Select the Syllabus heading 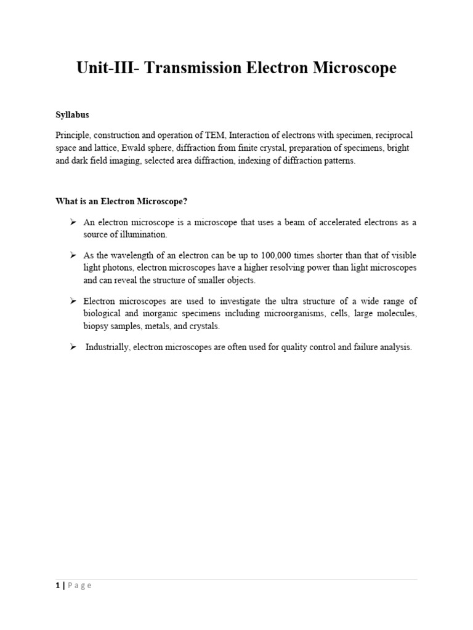click(72, 115)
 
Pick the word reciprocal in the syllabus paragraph click(389, 135)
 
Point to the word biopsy click(97, 326)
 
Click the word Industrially click(107, 348)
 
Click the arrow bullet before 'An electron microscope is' click(73, 221)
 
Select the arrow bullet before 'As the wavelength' click(73, 255)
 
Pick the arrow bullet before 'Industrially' click(73, 347)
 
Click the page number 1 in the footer click(57, 586)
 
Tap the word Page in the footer click(80, 586)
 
